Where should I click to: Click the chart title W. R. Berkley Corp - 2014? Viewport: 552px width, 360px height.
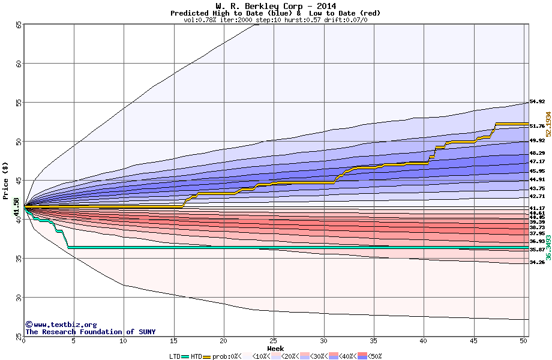(275, 6)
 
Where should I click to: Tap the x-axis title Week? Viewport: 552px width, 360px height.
(275, 349)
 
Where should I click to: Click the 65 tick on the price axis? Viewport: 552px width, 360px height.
(18, 25)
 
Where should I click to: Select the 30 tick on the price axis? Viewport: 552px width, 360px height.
(18, 298)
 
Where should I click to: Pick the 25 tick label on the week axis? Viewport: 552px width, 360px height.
(274, 341)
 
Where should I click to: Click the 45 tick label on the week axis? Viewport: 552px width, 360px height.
(473, 341)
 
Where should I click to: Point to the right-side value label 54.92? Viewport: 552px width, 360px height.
(537, 102)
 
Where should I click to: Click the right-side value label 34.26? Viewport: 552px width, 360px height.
(537, 262)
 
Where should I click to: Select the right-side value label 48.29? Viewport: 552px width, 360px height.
(537, 154)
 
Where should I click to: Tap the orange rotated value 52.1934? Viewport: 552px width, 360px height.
(548, 125)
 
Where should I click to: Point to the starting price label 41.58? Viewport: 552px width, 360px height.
(17, 207)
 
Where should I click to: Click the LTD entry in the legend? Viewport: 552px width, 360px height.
(174, 356)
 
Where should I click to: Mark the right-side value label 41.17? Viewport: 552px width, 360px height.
(537, 208)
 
